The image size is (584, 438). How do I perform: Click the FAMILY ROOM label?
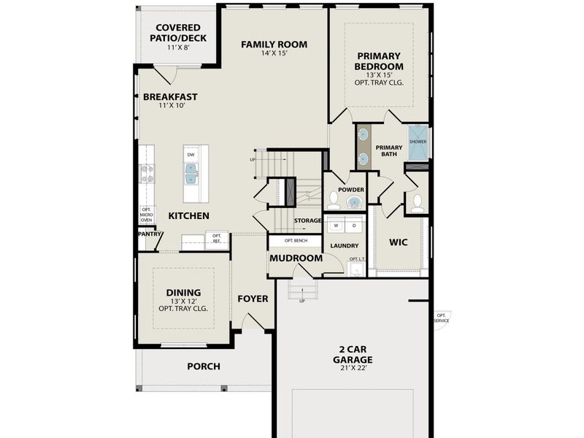274,45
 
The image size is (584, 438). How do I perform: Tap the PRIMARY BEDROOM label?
380,61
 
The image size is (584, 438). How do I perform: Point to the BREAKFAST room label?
170,96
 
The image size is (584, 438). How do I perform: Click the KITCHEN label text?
189,216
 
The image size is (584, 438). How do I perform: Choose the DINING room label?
182,293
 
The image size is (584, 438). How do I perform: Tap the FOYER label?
253,299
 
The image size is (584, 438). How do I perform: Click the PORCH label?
204,366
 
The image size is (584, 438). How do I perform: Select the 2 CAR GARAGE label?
353,355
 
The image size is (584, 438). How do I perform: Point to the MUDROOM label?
296,258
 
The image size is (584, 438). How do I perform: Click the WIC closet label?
398,241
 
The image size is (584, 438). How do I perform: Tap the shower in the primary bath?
418,142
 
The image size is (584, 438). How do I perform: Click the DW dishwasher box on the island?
191,155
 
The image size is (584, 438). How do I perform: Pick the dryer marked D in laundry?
354,225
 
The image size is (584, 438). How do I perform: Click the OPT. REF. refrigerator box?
217,238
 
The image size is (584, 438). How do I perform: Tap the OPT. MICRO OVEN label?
146,215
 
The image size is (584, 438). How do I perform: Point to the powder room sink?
354,201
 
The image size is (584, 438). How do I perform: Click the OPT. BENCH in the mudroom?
295,240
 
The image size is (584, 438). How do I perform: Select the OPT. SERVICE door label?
441,318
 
